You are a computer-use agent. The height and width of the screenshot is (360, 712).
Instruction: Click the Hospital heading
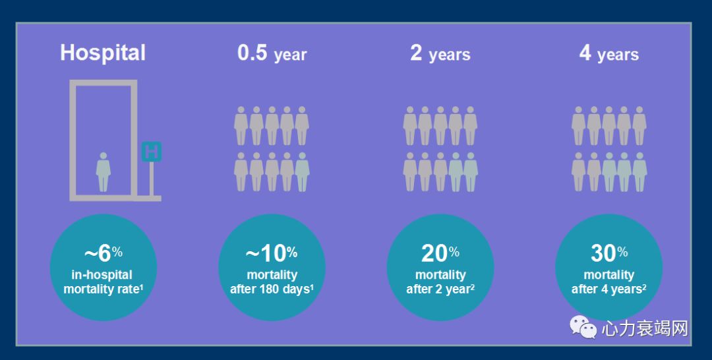pyautogui.click(x=103, y=53)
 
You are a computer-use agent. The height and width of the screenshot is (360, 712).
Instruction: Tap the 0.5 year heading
pyautogui.click(x=272, y=53)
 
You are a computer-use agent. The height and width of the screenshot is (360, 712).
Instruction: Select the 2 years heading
pyautogui.click(x=440, y=53)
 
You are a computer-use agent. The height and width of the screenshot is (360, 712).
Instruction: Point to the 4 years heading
pyautogui.click(x=609, y=53)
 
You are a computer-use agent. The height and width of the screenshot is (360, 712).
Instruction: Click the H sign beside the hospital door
pyautogui.click(x=151, y=152)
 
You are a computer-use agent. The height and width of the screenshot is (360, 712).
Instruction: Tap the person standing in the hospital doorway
pyautogui.click(x=104, y=171)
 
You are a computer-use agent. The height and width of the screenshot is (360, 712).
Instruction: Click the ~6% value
pyautogui.click(x=103, y=253)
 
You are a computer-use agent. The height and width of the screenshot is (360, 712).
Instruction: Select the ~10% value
pyautogui.click(x=272, y=253)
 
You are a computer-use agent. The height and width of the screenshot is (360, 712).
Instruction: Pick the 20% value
pyautogui.click(x=440, y=253)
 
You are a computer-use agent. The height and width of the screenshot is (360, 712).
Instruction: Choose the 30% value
pyautogui.click(x=609, y=253)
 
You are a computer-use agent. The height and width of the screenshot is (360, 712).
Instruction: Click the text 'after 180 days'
pyautogui.click(x=270, y=289)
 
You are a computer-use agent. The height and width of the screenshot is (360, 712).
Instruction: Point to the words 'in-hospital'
pyautogui.click(x=102, y=275)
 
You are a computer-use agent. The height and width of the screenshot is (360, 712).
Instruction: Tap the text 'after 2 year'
pyautogui.click(x=438, y=289)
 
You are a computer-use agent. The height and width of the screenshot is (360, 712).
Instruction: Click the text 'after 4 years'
pyautogui.click(x=607, y=289)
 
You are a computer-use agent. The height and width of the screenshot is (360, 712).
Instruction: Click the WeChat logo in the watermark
pyautogui.click(x=583, y=327)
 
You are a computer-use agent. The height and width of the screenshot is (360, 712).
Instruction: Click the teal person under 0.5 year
pyautogui.click(x=303, y=171)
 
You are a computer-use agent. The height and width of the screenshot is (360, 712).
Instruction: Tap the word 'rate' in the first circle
pyautogui.click(x=128, y=289)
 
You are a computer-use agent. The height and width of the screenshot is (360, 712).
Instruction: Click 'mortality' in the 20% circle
pyautogui.click(x=440, y=275)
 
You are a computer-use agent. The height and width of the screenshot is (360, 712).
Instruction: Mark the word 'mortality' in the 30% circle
pyautogui.click(x=608, y=275)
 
